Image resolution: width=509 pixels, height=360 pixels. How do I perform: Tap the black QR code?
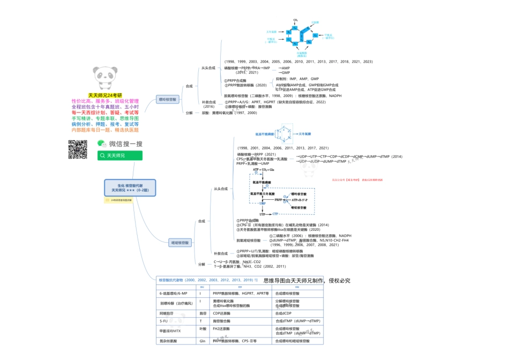[x=77, y=149]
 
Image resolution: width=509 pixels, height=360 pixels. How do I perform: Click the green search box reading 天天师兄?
[x=119, y=155]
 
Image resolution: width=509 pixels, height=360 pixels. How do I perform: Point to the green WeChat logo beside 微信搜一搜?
[x=102, y=144]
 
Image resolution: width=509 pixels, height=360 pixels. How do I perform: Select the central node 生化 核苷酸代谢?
[x=130, y=187]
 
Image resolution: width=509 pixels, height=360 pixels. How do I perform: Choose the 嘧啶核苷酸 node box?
[x=179, y=243]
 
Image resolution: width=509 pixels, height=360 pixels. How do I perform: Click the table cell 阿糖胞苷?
[x=166, y=313]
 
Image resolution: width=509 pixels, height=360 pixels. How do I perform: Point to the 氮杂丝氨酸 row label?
[x=168, y=341]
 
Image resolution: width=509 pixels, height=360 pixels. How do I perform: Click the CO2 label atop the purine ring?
[x=295, y=20]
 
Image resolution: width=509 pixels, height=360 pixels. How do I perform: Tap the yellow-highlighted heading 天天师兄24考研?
[x=105, y=95]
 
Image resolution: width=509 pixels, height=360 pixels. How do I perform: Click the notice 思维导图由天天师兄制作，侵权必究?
[x=307, y=280]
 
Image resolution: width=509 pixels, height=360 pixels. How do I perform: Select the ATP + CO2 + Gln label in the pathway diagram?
[x=264, y=169]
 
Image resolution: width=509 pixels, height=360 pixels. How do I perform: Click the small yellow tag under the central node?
[x=117, y=200]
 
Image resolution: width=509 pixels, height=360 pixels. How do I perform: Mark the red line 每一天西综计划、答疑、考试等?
[x=105, y=112]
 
